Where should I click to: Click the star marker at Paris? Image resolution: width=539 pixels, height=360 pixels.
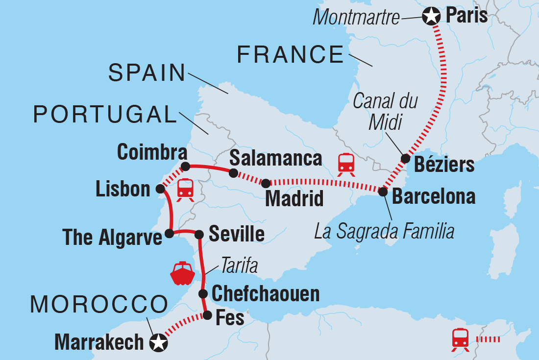[x=431, y=17]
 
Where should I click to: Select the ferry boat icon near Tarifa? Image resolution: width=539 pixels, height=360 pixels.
[x=183, y=273]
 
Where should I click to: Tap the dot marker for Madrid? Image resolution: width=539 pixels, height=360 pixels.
[x=265, y=183]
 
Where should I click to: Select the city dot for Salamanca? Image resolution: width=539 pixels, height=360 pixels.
[x=234, y=173]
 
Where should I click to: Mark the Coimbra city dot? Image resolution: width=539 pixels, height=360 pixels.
[x=185, y=166]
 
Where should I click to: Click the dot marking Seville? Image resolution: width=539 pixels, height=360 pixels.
[x=199, y=235]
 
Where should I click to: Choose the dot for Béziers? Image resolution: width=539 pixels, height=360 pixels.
[x=406, y=158]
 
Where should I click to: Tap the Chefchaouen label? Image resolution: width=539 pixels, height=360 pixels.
[x=266, y=294]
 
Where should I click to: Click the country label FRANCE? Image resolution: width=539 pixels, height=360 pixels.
[x=291, y=54]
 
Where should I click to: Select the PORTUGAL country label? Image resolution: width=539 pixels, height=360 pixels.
[x=105, y=115]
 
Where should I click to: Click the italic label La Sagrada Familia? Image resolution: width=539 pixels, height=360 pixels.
[x=384, y=231]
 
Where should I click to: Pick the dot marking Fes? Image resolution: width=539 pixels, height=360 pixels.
[x=207, y=315]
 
